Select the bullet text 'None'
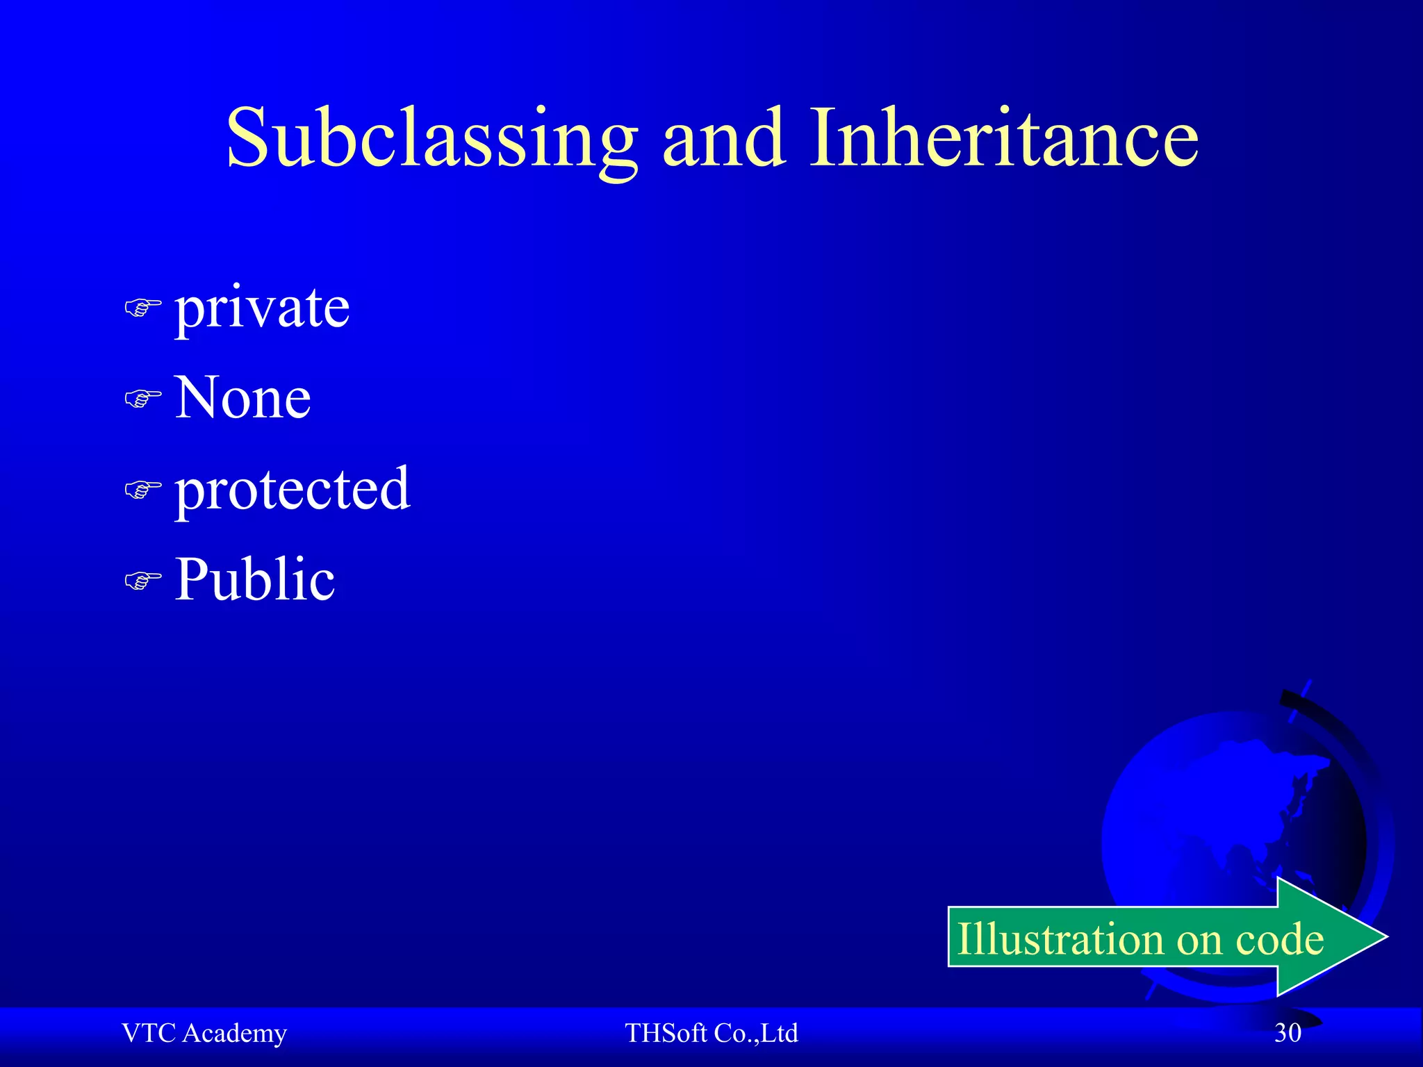242,397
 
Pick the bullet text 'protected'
293,489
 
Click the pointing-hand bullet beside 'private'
142,307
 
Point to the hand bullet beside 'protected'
142,490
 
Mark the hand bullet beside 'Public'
142,580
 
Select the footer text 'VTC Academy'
204,1033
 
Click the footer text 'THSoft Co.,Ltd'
711,1033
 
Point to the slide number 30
1288,1033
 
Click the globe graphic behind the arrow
1223,806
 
